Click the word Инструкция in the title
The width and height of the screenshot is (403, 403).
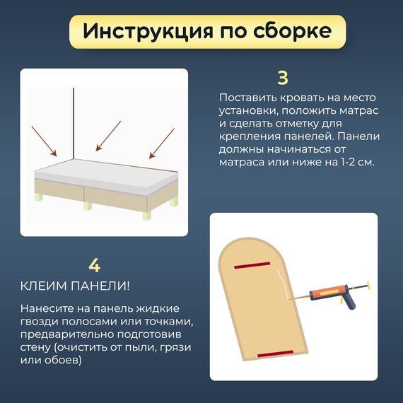point(148,32)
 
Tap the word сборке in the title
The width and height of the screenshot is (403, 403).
point(292,30)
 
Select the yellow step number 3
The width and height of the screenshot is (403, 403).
point(283,78)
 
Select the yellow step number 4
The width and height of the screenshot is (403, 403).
point(94,265)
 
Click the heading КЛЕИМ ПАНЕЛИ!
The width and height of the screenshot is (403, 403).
point(75,286)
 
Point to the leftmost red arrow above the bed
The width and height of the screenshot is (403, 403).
point(44,141)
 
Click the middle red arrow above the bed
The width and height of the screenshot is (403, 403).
point(108,136)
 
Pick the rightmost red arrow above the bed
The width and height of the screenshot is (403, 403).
point(162,144)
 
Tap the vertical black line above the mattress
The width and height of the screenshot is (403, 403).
point(74,124)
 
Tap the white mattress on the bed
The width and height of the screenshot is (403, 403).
point(105,177)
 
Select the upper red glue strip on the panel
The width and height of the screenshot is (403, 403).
point(252,265)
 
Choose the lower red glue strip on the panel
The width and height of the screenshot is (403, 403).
point(276,354)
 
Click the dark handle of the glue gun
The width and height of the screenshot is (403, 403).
point(349,302)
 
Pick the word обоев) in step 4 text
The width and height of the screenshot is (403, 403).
point(63,360)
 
